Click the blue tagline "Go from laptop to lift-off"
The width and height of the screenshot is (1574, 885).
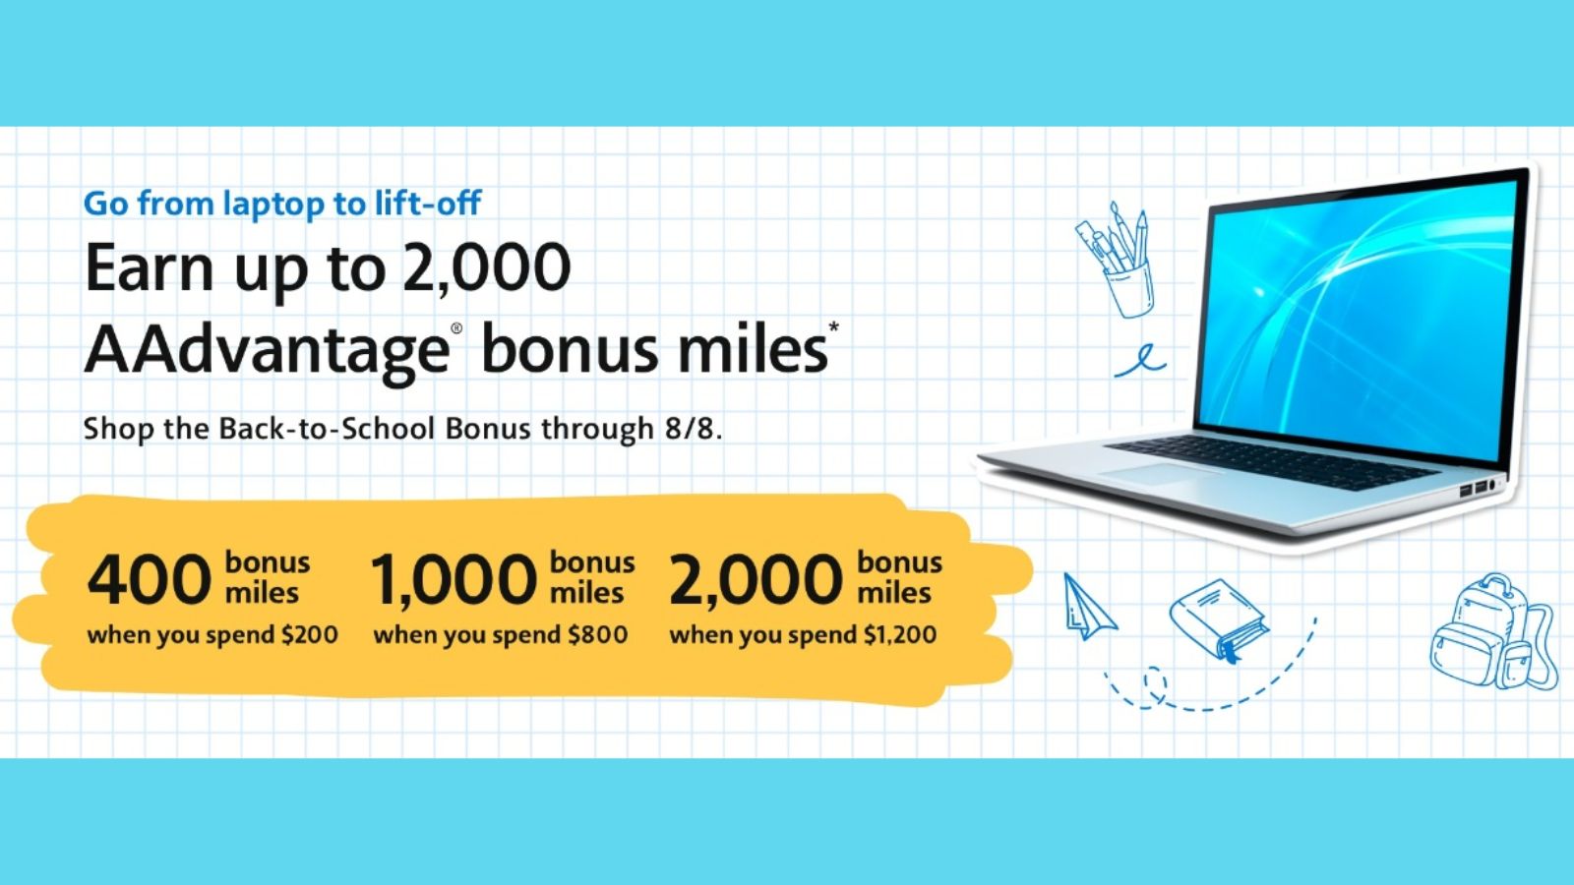point(281,205)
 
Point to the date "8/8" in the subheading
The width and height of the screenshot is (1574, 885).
point(689,429)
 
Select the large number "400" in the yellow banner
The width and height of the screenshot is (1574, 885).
point(149,579)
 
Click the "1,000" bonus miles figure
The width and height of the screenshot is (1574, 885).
point(454,580)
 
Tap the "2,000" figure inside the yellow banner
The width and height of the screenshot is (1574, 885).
point(756,580)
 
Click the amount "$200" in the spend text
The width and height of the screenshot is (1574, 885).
point(310,635)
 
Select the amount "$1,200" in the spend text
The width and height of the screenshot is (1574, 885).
point(900,635)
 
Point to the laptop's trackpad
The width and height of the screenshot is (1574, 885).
point(1160,473)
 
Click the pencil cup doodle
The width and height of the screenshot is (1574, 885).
point(1118,260)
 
